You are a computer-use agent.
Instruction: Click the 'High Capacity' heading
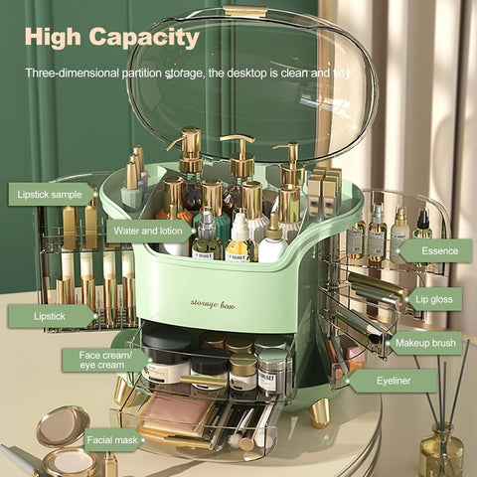tap(111, 38)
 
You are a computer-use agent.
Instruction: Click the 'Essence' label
tap(437, 250)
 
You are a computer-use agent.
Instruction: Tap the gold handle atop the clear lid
tap(245, 12)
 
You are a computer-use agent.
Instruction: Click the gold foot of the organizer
tap(318, 411)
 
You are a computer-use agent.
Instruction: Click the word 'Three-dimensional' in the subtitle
tap(74, 74)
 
